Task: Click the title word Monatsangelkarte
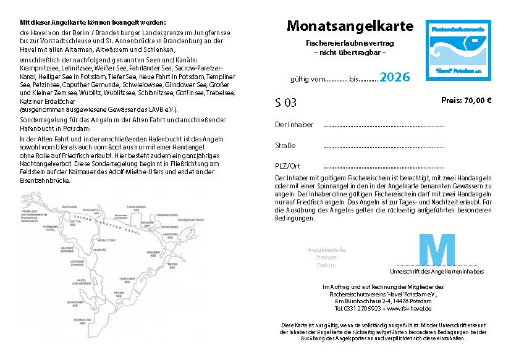click(350, 27)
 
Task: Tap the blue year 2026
click(394, 77)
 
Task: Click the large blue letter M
click(437, 249)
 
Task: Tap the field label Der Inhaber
click(294, 125)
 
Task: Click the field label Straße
click(285, 146)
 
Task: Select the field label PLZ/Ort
click(287, 166)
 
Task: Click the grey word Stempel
click(326, 257)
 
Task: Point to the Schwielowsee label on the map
click(84, 321)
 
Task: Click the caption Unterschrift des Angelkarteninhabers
click(436, 271)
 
